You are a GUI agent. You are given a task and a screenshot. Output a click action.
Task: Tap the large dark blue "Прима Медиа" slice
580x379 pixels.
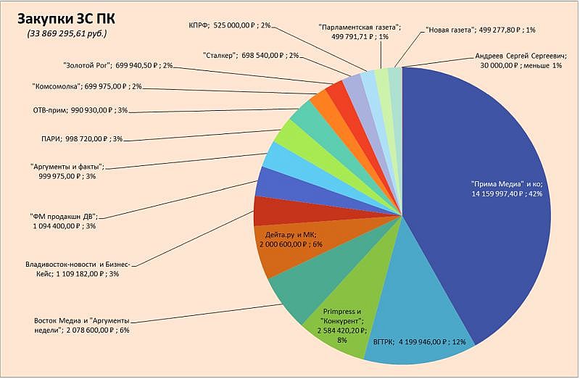point(478,145)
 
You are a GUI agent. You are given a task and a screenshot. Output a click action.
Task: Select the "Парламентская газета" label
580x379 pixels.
point(360,30)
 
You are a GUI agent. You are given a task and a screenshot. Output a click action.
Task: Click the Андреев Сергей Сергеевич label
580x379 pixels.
point(518,61)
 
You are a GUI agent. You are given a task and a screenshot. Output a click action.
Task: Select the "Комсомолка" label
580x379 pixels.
point(86,87)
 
